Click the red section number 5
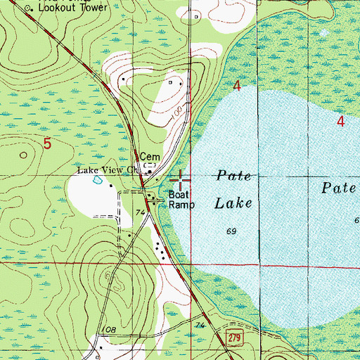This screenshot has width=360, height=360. (x=47, y=143)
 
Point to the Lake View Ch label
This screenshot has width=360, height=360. (x=108, y=170)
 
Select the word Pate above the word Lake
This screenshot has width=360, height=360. (x=233, y=176)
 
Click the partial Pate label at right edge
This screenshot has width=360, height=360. (x=340, y=188)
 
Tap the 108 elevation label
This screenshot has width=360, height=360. (x=108, y=329)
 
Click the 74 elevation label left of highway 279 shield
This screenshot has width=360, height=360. (x=200, y=326)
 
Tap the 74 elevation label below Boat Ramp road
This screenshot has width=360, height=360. (x=140, y=212)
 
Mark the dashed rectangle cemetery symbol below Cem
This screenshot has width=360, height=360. (x=148, y=167)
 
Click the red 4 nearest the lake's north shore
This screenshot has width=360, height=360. (x=237, y=86)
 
